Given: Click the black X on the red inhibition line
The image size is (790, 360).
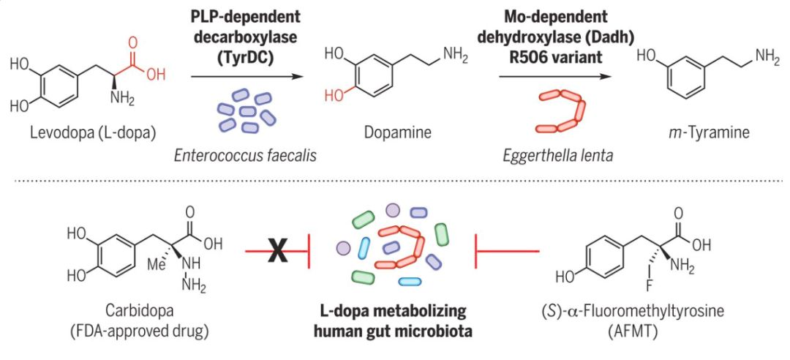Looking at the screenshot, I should click(x=278, y=253).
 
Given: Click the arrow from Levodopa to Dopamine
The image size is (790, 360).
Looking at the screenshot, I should click(x=246, y=76).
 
